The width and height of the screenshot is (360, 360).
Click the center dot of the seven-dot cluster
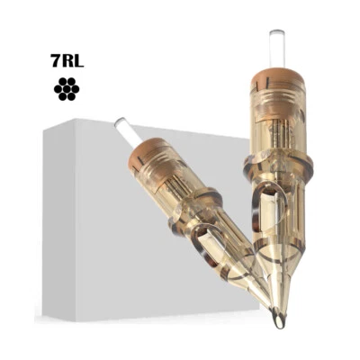tap(65, 88)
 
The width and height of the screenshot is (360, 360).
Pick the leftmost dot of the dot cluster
tap(58, 88)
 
